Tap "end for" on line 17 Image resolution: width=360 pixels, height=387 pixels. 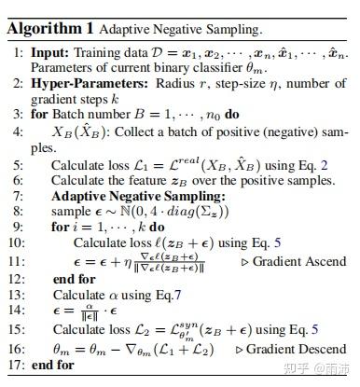[x=51, y=366]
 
